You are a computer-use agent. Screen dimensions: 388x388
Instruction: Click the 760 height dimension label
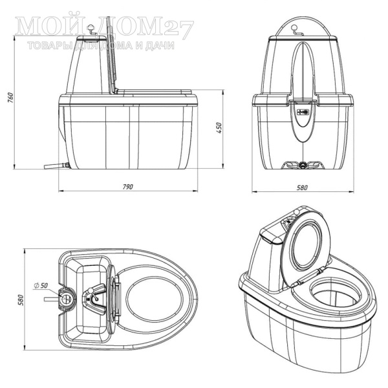10,98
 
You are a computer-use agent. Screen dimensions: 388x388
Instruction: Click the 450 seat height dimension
219,127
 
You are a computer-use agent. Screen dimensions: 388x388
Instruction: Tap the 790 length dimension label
128,187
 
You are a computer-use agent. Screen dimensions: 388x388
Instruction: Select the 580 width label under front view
302,188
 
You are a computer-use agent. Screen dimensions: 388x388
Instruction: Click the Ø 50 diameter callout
41,285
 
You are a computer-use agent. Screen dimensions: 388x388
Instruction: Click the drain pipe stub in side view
56,166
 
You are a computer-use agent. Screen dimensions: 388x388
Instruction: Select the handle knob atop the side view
91,26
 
